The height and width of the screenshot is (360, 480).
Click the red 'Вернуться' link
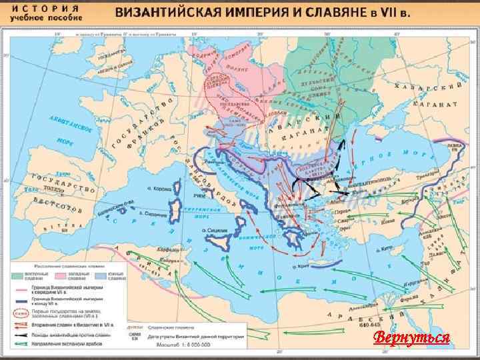click(x=411, y=337)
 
